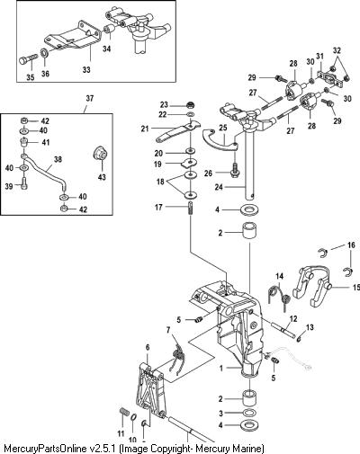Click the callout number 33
point(86,69)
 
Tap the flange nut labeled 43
point(101,154)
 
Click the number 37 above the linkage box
point(89,98)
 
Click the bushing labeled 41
point(24,141)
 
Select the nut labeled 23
point(190,105)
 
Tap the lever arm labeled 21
point(177,130)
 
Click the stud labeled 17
point(190,208)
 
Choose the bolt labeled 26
point(234,169)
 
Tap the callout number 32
point(337,50)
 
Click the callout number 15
point(356,288)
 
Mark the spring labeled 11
point(122,415)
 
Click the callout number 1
point(221,369)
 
